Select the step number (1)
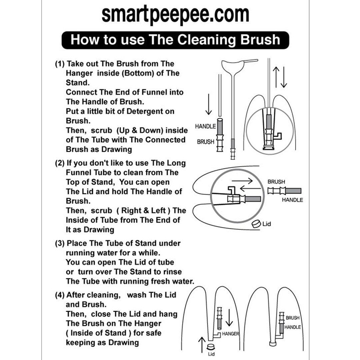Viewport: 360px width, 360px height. tap(60, 64)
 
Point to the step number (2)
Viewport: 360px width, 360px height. tap(60, 163)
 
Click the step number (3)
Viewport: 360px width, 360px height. tap(60, 243)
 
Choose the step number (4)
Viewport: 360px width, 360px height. tap(60, 295)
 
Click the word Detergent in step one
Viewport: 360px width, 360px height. tap(150, 111)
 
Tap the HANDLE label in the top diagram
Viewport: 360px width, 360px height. tap(205, 126)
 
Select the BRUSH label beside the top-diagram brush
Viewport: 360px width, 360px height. tap(206, 142)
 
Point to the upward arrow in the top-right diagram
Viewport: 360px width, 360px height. tap(276, 77)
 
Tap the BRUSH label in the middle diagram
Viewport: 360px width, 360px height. tap(276, 182)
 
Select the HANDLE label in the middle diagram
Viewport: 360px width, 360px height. tap(292, 200)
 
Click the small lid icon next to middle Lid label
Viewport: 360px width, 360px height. tap(256, 224)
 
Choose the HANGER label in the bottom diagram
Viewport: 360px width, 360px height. tap(230, 334)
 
